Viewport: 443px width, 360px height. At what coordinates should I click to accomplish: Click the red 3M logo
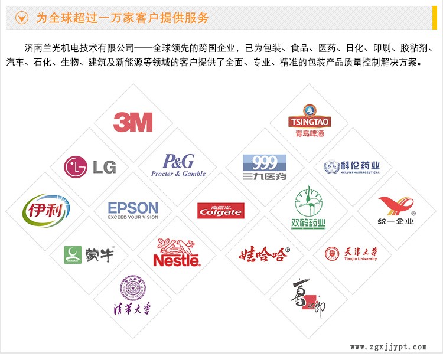click(x=133, y=122)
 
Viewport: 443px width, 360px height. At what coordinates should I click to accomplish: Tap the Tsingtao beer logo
click(x=310, y=121)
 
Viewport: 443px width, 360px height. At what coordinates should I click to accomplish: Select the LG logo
click(x=90, y=166)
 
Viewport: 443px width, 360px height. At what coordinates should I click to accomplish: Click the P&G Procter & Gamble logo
click(x=178, y=165)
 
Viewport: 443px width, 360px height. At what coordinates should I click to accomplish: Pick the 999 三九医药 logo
click(x=264, y=167)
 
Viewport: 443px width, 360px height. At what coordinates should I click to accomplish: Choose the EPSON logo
click(x=133, y=210)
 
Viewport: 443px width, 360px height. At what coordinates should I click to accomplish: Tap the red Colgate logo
click(x=220, y=210)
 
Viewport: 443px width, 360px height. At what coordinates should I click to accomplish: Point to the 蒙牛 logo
click(x=89, y=254)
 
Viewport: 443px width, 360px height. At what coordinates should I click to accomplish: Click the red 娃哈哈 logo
click(x=264, y=254)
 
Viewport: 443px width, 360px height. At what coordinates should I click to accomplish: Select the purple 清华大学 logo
click(x=132, y=296)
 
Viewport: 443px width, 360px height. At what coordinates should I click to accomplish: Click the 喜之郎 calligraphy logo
click(x=308, y=297)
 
